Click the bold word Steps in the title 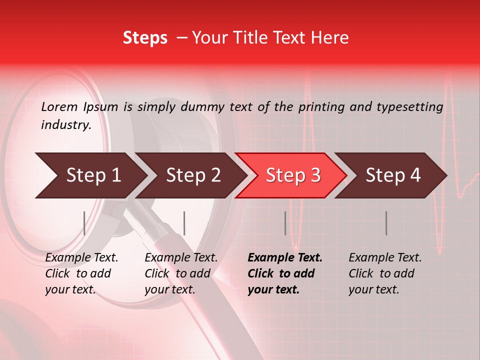click(145, 38)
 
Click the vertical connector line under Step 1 click(84, 223)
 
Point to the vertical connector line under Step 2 click(184, 223)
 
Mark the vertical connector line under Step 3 click(285, 223)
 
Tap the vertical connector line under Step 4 click(386, 223)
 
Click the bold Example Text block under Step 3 click(285, 273)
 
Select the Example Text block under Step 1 click(81, 273)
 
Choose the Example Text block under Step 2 click(181, 273)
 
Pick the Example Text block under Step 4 click(385, 273)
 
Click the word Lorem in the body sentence click(59, 107)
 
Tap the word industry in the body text click(65, 125)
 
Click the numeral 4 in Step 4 click(415, 175)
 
